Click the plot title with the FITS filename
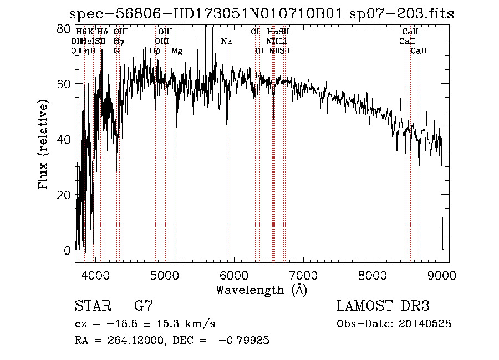coord(261,14)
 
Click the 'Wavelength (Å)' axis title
coord(261,290)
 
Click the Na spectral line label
coord(226,42)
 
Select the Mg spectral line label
coord(177,51)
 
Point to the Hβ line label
coord(155,51)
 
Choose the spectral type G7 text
coord(144,306)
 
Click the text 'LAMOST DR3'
coord(383,306)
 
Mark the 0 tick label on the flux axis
coord(68,251)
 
